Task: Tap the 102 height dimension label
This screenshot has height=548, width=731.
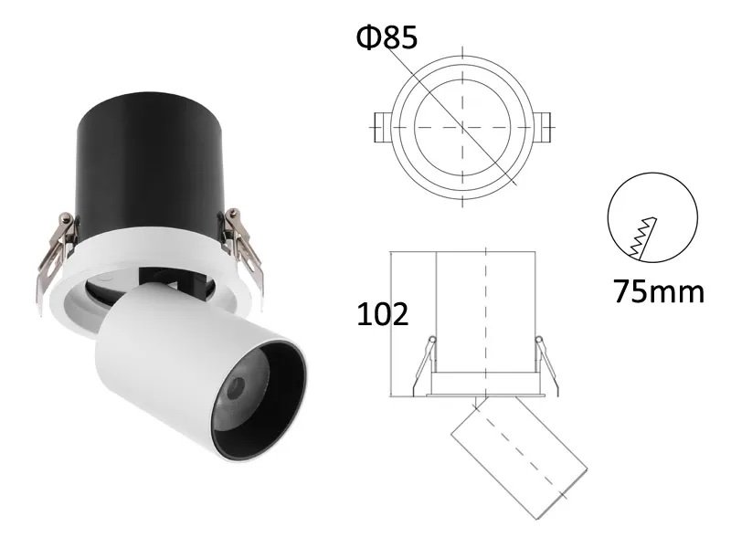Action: [x=381, y=314]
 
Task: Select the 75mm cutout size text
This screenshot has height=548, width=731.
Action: [x=659, y=292]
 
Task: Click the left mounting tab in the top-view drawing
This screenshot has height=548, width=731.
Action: [x=383, y=124]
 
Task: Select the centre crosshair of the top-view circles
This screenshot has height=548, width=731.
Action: [x=463, y=124]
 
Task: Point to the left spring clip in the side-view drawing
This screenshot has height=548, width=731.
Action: [x=423, y=365]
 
